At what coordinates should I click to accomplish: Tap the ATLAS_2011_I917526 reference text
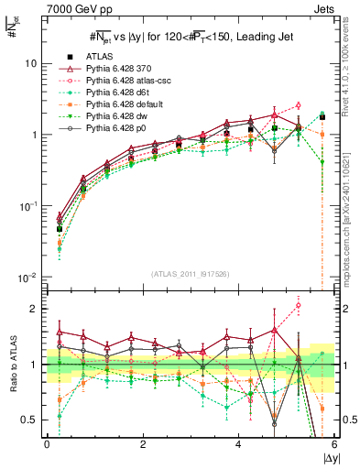tap(190, 275)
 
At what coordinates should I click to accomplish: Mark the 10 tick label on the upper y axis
tap(30, 64)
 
